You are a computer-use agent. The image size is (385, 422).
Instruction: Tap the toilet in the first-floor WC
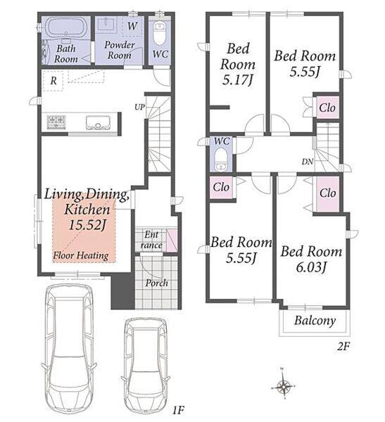pos(159,33)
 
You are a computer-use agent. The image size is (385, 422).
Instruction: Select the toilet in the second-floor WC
pos(221,160)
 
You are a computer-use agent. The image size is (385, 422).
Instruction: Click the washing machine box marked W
pos(132,26)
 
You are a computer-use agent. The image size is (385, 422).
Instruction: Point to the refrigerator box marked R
pos(53,81)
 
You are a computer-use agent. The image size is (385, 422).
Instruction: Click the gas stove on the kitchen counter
pos(56,122)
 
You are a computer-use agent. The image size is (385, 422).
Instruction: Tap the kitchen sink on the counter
pos(98,122)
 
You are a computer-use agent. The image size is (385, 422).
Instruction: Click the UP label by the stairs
pos(139,107)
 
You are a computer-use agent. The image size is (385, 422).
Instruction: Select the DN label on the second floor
pos(308,162)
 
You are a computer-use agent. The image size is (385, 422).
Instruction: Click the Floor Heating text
pos(81,255)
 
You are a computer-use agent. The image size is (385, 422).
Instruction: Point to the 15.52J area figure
pos(87,225)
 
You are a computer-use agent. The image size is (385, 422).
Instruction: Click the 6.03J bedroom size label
pos(311,267)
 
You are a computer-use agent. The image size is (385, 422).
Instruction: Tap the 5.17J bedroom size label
pos(238,79)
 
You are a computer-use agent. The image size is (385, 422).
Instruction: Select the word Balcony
pos(315,321)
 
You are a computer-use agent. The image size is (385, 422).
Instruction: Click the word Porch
pos(156,283)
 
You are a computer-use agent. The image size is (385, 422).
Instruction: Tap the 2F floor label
pos(343,346)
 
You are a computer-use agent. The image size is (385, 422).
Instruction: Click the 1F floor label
pos(178,411)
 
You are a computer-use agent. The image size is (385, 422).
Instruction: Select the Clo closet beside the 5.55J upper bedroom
pos(327,108)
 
